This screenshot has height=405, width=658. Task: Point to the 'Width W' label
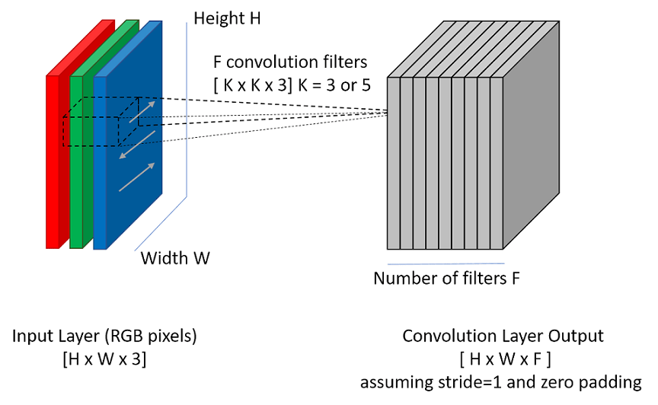pyautogui.click(x=175, y=258)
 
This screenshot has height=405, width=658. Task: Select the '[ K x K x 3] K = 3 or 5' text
pyautogui.click(x=293, y=85)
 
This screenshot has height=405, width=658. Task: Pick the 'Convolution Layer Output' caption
pyautogui.click(x=503, y=336)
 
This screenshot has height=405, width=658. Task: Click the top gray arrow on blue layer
pyautogui.click(x=143, y=110)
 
